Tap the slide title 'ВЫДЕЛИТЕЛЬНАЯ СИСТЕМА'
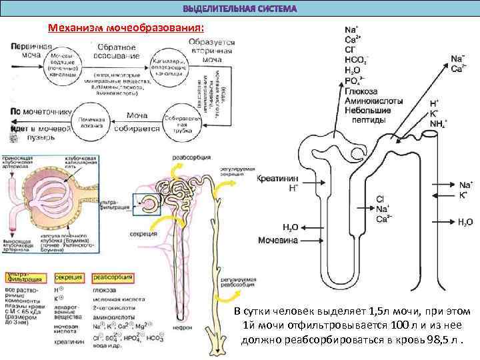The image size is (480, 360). click(x=240, y=9)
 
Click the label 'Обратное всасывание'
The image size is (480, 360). click(x=117, y=52)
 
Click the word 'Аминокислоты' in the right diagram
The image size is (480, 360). click(x=372, y=101)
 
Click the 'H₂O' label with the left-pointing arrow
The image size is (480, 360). click(x=465, y=221)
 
